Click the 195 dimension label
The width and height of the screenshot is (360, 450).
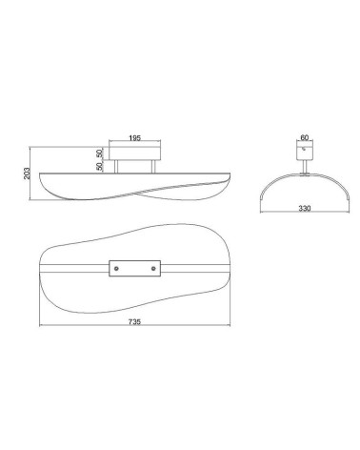tap(134, 138)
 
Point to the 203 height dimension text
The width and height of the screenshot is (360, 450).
tap(27, 174)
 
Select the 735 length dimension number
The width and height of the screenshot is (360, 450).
tap(134, 321)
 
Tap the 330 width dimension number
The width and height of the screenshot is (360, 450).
tap(305, 209)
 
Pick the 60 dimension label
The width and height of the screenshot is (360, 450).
tap(304, 137)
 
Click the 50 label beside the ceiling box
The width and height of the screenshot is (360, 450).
tap(100, 153)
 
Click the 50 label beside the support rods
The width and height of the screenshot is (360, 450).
tap(100, 167)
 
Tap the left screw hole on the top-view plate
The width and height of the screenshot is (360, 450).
tap(116, 269)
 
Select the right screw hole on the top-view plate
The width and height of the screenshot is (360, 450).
tap(153, 269)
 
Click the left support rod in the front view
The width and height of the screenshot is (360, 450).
tap(116, 167)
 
